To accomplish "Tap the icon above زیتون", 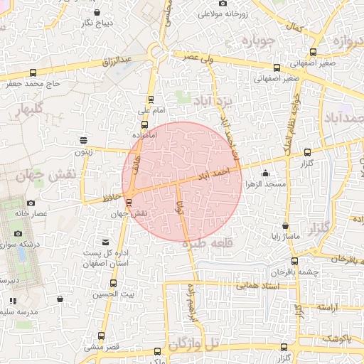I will [x=84, y=139].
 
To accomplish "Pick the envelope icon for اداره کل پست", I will [x=107, y=242].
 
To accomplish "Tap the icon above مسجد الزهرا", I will [x=265, y=173].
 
